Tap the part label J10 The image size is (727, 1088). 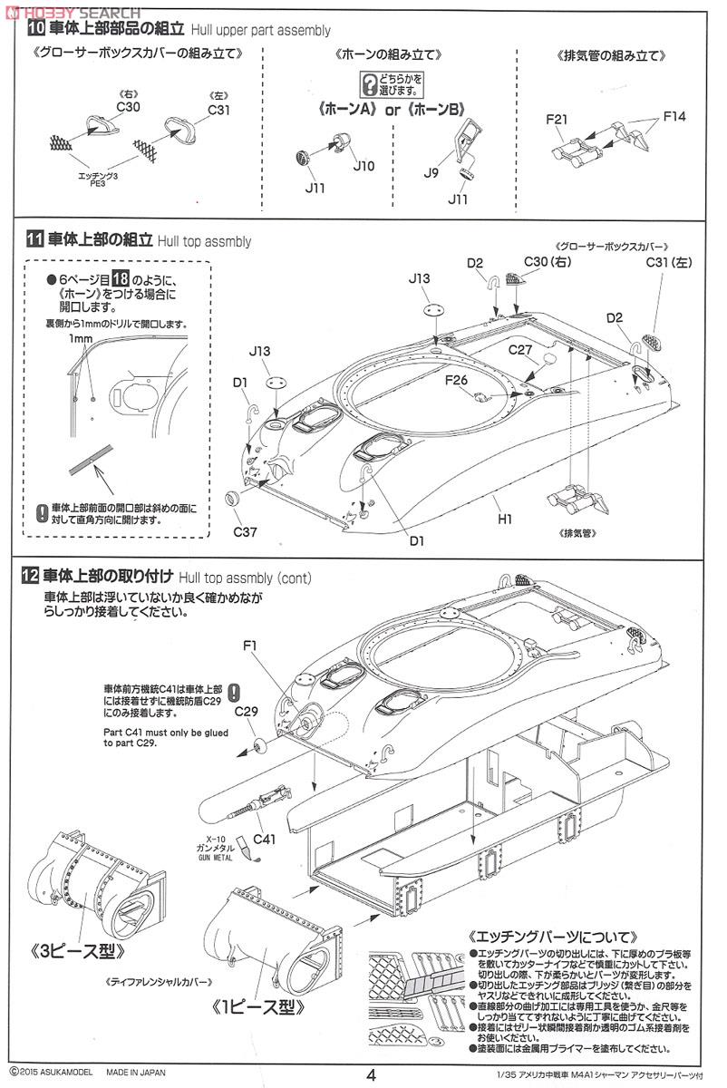363,166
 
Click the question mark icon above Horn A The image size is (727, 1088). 369,85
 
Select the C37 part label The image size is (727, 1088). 246,531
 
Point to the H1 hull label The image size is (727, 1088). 505,520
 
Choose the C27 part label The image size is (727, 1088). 519,349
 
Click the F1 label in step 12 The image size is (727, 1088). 251,646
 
